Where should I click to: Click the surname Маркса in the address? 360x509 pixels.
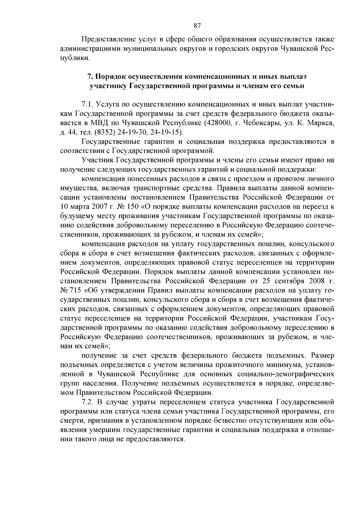(x=321, y=123)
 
